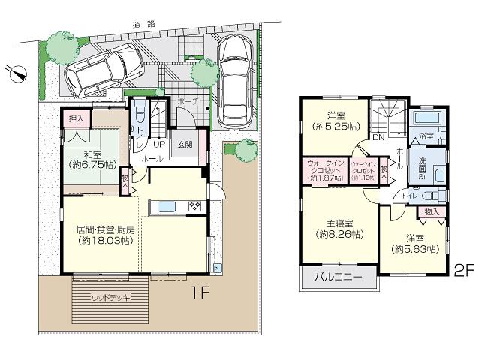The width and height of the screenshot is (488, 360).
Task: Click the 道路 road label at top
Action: coord(145,24)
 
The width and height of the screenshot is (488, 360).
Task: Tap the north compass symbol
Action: coord(17,73)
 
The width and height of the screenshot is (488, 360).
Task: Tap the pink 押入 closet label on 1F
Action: coord(76,118)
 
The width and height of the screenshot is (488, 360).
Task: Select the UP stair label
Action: coord(159,144)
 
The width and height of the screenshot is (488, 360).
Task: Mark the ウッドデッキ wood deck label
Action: coord(110,298)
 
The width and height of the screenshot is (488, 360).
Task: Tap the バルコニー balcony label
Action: coord(338,278)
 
